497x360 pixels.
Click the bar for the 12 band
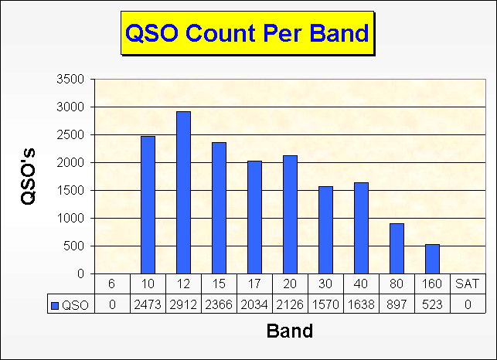tap(183, 192)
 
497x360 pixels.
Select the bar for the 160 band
tap(432, 259)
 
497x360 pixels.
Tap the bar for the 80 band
tap(397, 249)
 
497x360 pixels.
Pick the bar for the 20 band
tap(290, 215)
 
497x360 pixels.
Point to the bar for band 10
tap(148, 205)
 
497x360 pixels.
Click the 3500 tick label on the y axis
tap(70, 79)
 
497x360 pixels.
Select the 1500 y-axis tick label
tap(70, 191)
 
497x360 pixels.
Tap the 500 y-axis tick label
tap(74, 246)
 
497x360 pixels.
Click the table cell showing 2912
tap(183, 304)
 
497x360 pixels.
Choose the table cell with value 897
tap(397, 304)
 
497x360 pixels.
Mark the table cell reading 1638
tap(361, 304)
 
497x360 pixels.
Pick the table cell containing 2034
tap(254, 304)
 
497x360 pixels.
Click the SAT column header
tap(468, 284)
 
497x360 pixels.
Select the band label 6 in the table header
tap(112, 284)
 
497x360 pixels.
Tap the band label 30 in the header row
tap(325, 284)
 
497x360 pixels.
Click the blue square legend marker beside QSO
tap(55, 305)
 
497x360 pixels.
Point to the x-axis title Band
tap(290, 331)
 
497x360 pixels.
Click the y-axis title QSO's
tap(28, 176)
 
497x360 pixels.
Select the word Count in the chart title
tap(221, 33)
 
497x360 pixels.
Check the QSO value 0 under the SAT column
tap(468, 304)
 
